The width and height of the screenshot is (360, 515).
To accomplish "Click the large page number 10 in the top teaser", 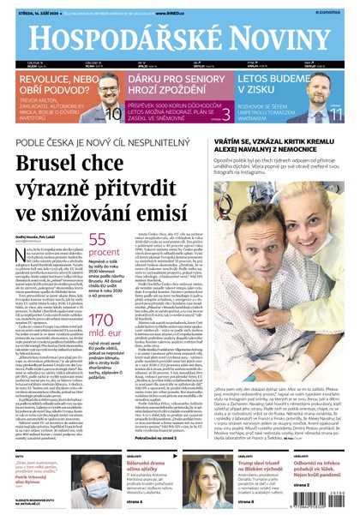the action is [x=113, y=114].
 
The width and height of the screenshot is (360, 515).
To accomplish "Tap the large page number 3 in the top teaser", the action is [x=225, y=113].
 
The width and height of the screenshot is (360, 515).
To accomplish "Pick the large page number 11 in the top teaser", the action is [x=336, y=114].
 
